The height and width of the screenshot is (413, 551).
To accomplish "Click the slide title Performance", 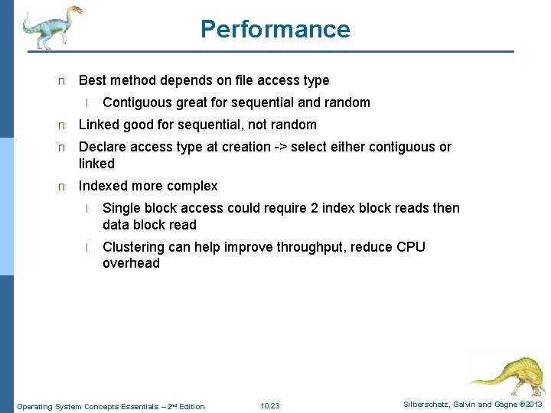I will [275, 29].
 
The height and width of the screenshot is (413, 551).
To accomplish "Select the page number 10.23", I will [269, 405].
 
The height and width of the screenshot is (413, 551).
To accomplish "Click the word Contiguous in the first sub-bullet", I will [137, 102].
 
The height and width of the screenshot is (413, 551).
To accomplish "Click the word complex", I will [194, 186].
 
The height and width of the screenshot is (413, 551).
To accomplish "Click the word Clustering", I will [133, 247].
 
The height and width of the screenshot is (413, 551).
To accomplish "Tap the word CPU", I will [411, 247].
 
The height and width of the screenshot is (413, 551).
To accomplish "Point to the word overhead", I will [131, 263].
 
